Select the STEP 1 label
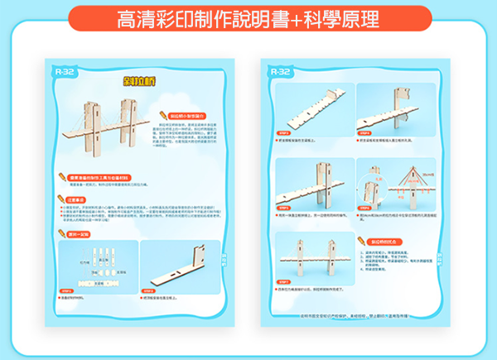66,290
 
